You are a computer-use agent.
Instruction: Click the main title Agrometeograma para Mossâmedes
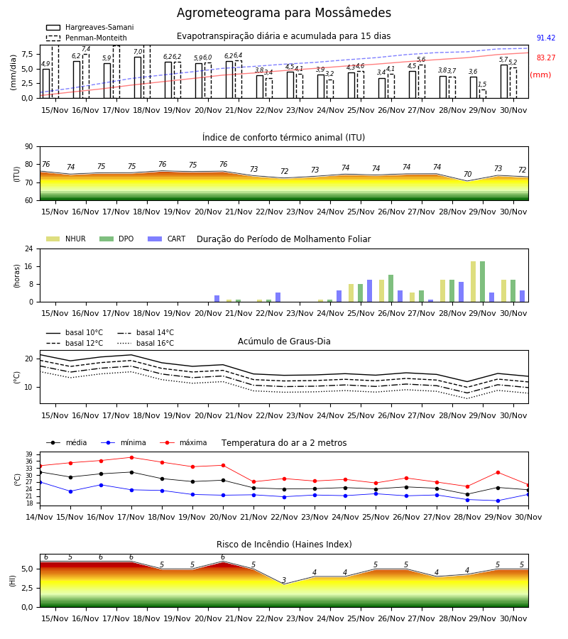(284, 13)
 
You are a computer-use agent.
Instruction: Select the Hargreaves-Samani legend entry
(90, 27)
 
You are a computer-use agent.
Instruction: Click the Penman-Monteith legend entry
(87, 38)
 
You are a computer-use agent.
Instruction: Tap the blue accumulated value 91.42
(546, 38)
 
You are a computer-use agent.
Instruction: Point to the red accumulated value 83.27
(546, 58)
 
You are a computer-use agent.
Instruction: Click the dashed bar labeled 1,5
(482, 94)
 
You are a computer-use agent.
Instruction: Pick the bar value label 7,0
(138, 52)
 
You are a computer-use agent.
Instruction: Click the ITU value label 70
(467, 174)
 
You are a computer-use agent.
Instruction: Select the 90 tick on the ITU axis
(29, 147)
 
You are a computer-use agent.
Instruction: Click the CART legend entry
(167, 239)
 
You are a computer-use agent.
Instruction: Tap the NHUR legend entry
(66, 239)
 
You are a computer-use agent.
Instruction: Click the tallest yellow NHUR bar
(474, 282)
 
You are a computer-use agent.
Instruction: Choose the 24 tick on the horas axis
(29, 248)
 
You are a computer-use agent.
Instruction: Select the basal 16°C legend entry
(146, 343)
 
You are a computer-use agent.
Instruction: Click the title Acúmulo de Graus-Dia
(284, 342)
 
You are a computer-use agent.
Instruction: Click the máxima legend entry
(183, 442)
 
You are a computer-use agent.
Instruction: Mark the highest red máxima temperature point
(131, 458)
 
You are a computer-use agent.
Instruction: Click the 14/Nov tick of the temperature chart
(40, 517)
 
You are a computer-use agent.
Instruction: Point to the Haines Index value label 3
(284, 580)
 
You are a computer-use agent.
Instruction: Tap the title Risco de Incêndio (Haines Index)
(284, 545)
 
